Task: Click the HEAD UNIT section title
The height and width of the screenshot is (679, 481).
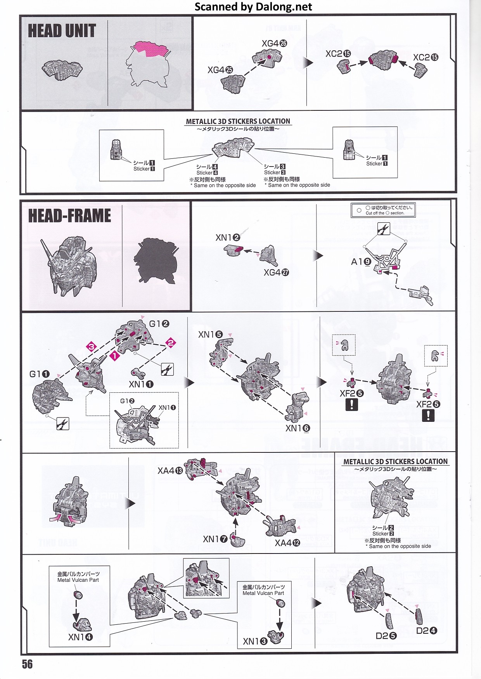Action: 62,31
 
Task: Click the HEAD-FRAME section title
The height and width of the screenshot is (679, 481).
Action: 69,216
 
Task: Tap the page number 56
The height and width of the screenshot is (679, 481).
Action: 27,664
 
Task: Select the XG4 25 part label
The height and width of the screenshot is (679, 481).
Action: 220,70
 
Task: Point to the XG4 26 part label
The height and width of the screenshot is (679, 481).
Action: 274,43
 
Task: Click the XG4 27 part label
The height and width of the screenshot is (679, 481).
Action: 276,272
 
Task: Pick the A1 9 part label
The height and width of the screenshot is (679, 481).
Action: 361,262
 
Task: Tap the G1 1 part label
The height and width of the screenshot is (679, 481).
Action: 39,374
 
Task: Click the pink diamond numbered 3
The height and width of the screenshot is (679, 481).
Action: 91,346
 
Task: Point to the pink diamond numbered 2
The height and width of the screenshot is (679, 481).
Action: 171,342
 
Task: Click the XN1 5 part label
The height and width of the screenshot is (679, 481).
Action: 210,334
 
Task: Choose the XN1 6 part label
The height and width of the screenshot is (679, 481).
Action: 298,428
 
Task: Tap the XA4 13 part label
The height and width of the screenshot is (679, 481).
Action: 170,471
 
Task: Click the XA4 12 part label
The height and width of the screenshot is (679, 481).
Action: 287,543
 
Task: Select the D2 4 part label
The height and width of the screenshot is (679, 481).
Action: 426,631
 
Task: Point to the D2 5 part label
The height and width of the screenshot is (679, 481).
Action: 386,636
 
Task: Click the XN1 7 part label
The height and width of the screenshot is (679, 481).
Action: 215,539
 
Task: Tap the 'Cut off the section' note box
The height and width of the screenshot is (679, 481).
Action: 383,210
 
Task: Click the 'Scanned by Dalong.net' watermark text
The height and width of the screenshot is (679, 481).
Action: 253,7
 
